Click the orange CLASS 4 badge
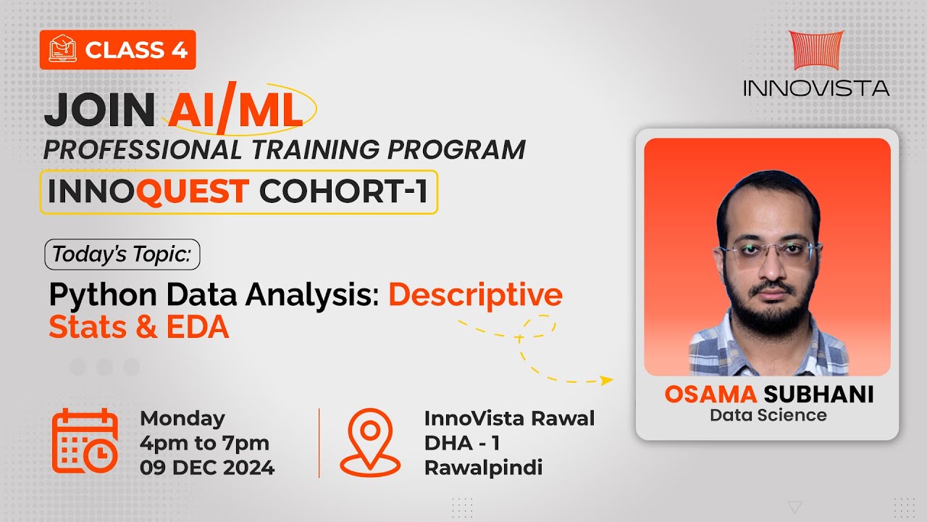(117, 49)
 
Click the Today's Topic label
(122, 254)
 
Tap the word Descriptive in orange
(475, 295)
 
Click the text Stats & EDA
(138, 327)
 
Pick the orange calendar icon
(85, 440)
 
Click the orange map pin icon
(370, 442)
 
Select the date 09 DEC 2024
(207, 468)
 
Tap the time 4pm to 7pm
(204, 443)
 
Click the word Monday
(183, 418)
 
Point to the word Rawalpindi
(483, 468)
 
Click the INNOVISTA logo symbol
(815, 51)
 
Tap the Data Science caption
(768, 415)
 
